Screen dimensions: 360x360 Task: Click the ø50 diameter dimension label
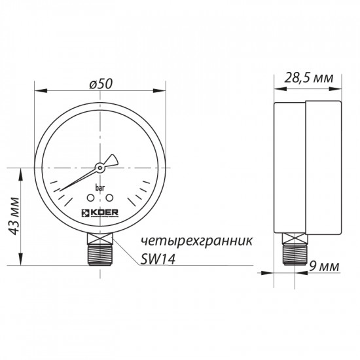[x=101, y=84]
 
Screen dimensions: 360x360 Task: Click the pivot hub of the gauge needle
[x=99, y=167]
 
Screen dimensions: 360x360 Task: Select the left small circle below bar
[x=90, y=197]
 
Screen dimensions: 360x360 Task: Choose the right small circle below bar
[x=110, y=197]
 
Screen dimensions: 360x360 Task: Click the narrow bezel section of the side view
[x=289, y=169]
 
